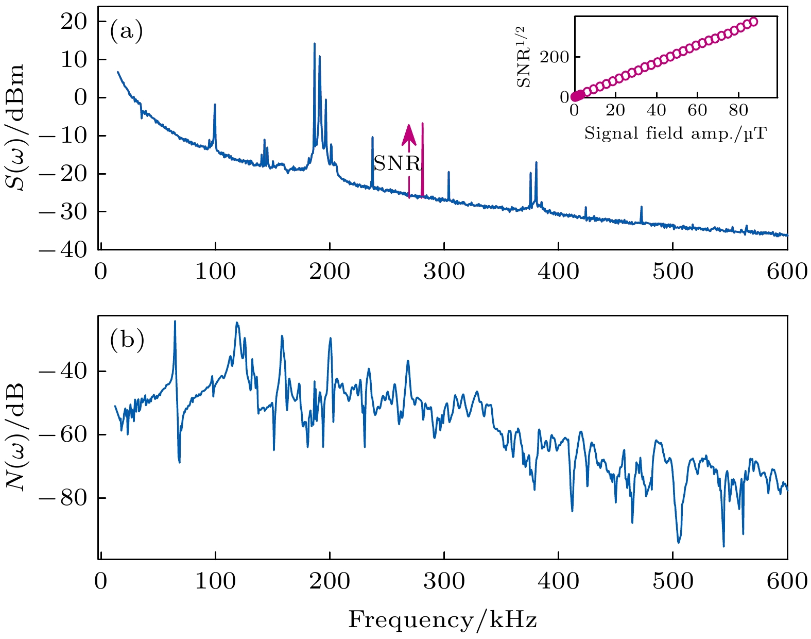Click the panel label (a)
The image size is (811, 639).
[126, 32]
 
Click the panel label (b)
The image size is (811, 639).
[127, 341]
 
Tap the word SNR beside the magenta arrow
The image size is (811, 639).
[397, 163]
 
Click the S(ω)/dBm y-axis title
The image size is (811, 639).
[19, 127]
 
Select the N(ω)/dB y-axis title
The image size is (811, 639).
[19, 436]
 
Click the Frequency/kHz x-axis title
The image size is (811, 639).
[442, 620]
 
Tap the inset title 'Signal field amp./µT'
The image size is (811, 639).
[675, 134]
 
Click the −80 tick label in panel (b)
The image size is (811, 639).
[72, 498]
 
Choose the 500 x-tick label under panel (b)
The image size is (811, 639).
[672, 581]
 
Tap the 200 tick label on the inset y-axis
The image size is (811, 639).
[554, 57]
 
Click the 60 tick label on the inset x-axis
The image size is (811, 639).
[697, 110]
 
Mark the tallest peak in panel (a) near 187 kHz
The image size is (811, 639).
[314, 44]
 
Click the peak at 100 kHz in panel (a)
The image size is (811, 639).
[215, 105]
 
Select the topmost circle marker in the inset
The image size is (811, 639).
[753, 22]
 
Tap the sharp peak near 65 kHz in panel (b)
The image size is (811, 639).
[175, 322]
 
